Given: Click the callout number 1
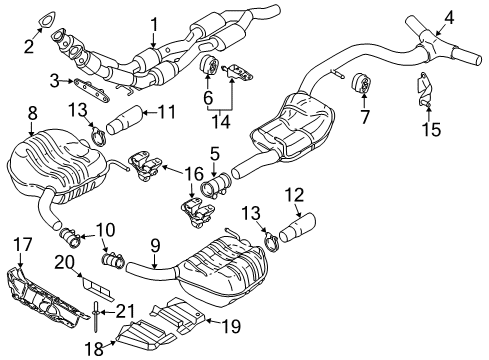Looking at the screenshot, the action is (154, 25).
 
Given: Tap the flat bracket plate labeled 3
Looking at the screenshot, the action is (91, 90).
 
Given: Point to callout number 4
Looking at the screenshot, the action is (449, 18).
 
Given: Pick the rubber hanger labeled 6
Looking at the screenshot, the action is (208, 65).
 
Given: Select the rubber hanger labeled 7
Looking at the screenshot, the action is (362, 84).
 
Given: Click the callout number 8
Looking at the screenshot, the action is (32, 114).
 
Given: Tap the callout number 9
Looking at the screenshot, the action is (155, 246).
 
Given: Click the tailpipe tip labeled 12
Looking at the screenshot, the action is (297, 228).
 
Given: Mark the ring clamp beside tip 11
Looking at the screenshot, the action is (98, 137).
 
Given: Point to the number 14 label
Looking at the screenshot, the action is (221, 122).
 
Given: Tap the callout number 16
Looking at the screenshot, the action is (194, 174).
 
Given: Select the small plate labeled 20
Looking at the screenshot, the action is (98, 287).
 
